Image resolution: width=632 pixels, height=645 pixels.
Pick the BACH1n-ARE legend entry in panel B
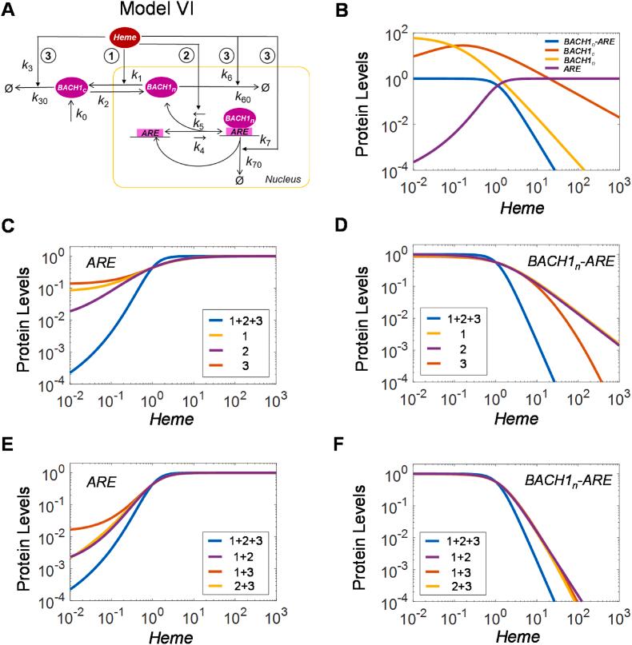(x=583, y=39)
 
